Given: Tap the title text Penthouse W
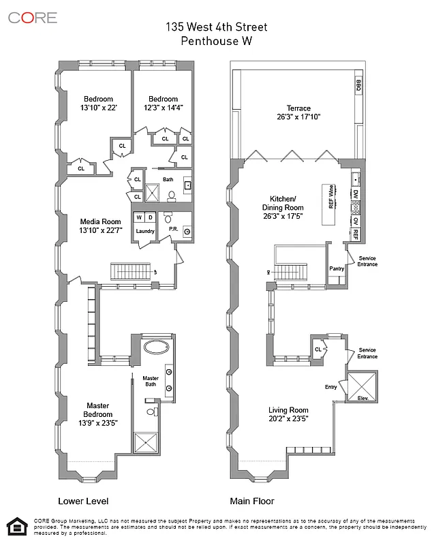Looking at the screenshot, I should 217,41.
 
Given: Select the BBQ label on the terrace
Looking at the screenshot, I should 358,85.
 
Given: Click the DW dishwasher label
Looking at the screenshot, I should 356,195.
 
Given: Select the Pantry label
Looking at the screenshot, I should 337,269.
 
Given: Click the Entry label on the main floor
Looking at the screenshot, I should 331,387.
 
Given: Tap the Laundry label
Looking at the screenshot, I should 145,231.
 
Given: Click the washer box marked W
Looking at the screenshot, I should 139,217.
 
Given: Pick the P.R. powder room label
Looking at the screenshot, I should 173,229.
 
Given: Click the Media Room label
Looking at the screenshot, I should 100,221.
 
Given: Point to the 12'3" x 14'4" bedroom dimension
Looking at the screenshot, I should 163,108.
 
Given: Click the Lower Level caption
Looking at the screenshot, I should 82,501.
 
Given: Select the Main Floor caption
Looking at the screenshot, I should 252,501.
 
